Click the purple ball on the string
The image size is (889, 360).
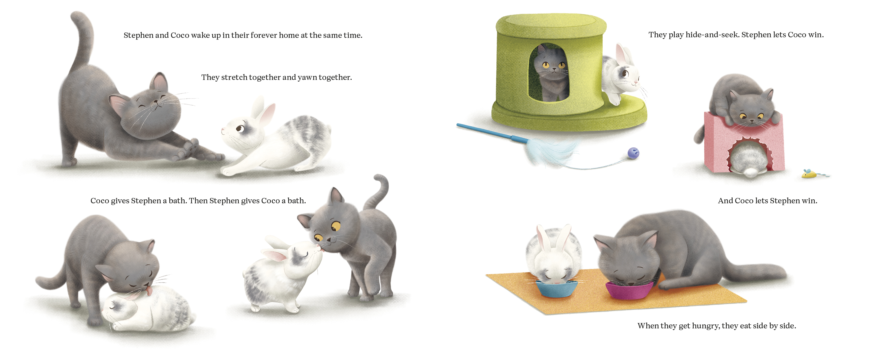[x=633, y=153]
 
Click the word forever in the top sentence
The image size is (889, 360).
[x=264, y=35]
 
